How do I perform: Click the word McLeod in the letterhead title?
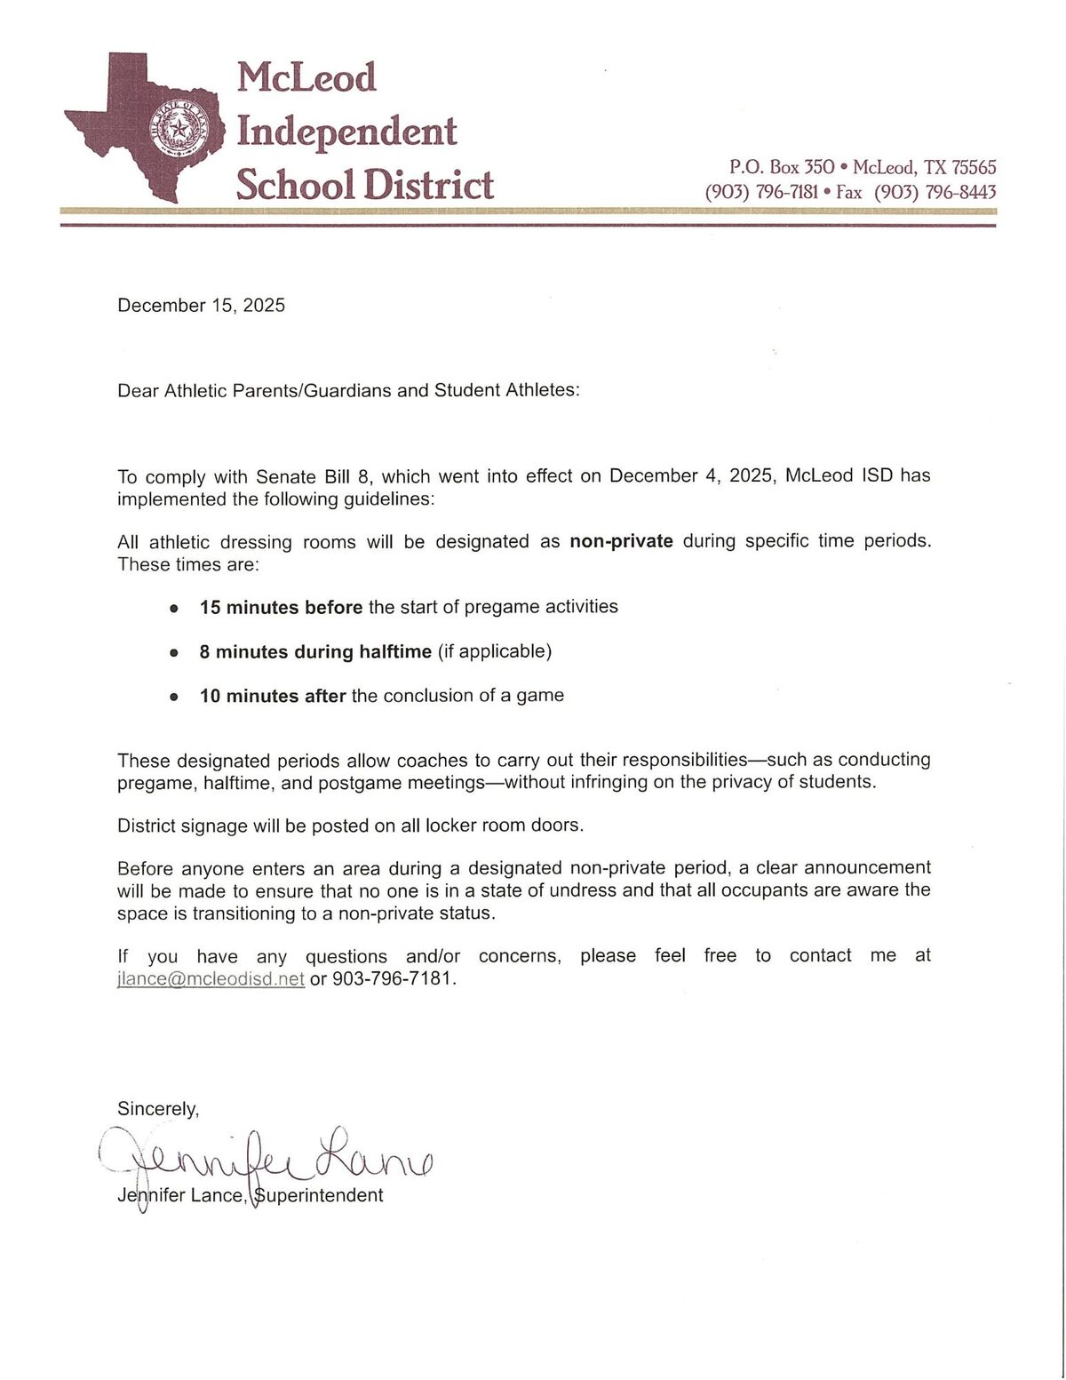tap(306, 77)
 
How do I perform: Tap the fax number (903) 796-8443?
tap(935, 192)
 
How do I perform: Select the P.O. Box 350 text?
tap(782, 167)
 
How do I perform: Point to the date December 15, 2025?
tap(201, 306)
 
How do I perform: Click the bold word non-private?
tap(621, 541)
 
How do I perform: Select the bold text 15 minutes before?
tap(281, 607)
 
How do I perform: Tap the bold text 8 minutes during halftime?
tap(315, 651)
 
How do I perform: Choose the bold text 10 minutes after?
tap(272, 696)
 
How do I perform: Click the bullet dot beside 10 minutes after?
tap(174, 697)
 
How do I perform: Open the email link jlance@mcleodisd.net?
tap(211, 979)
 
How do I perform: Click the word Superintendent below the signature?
tap(319, 1195)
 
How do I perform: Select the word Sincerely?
tap(158, 1108)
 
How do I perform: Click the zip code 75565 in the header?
tap(974, 167)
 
